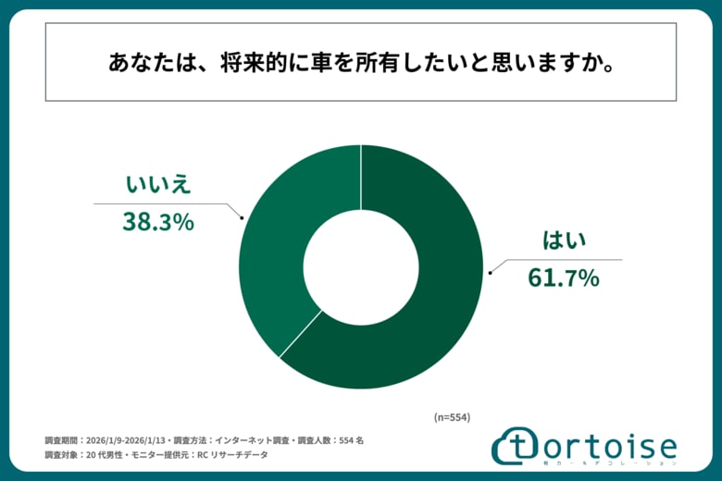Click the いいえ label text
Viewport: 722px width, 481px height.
(x=158, y=184)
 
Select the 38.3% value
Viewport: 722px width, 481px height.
(x=158, y=221)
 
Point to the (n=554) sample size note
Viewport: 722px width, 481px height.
(x=452, y=417)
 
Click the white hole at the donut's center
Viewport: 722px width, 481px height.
(x=361, y=266)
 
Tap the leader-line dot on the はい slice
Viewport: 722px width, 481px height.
(x=489, y=273)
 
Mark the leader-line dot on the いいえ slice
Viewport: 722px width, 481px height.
(x=243, y=218)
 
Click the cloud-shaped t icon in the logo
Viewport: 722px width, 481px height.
(x=511, y=448)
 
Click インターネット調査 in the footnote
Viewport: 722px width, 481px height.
(x=260, y=440)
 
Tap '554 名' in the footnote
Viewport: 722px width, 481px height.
(x=349, y=440)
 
